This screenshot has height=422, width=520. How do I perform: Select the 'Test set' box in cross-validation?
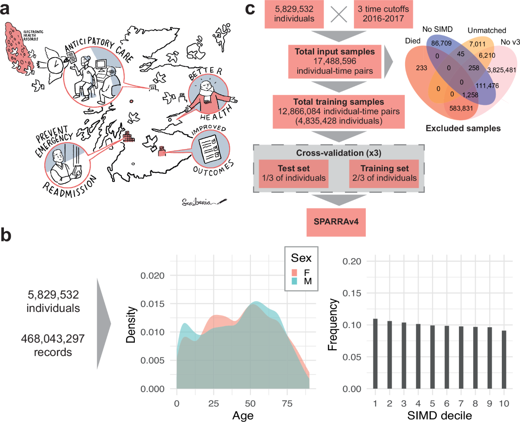tap(293, 173)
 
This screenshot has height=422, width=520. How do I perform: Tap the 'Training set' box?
tap(383, 173)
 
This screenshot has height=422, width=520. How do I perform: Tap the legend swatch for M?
tap(294, 282)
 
